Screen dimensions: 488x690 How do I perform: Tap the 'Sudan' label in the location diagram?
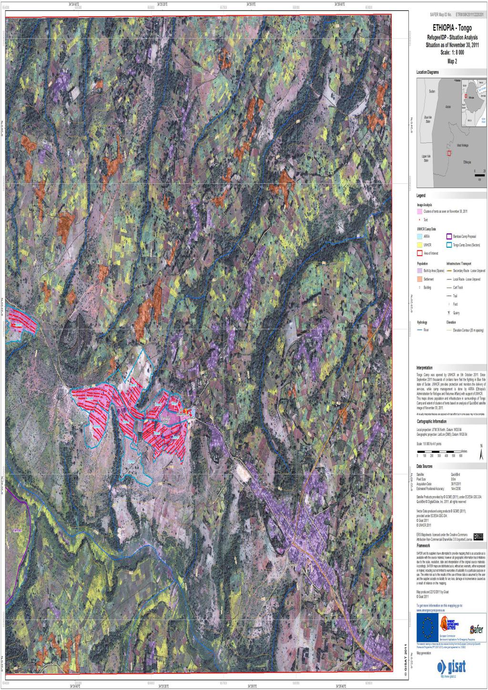tap(432, 90)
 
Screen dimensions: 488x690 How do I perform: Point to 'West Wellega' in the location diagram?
tap(462, 145)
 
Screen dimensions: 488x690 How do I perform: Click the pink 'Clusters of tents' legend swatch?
tap(419, 211)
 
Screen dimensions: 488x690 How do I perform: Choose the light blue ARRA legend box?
tap(419, 236)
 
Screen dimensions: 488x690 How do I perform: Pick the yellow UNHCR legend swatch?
tap(419, 245)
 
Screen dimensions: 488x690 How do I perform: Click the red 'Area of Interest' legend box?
tap(419, 253)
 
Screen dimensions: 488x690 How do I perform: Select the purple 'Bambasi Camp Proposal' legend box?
tap(449, 236)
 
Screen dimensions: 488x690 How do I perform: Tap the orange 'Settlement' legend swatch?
tap(419, 279)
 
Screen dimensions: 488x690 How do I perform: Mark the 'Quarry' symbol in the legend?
tap(449, 312)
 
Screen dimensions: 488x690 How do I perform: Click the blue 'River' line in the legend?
tap(419, 329)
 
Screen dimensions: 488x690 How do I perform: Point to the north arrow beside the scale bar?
tap(481, 451)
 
